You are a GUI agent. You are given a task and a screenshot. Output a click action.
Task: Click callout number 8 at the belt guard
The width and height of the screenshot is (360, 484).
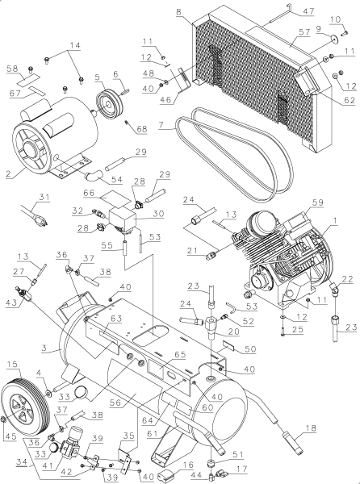[x=179, y=14]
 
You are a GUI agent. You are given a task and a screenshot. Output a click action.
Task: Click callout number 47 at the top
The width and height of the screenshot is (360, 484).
[x=286, y=11]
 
